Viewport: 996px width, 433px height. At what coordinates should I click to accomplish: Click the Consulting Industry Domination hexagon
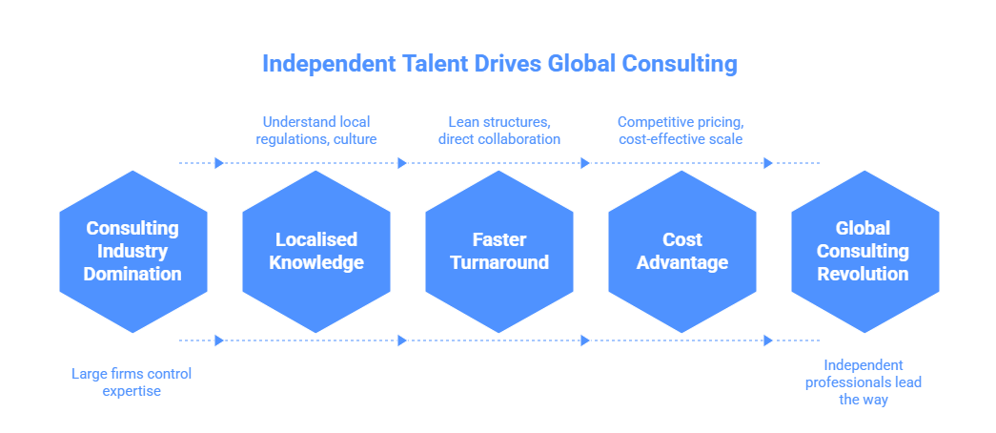pyautogui.click(x=132, y=252)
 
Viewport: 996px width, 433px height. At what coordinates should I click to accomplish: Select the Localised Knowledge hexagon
pyautogui.click(x=315, y=252)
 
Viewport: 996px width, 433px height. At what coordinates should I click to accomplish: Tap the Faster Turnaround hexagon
pyautogui.click(x=498, y=252)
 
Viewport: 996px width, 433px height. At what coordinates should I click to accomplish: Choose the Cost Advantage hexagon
pyautogui.click(x=681, y=252)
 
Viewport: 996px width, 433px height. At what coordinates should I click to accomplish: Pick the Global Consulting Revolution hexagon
pyautogui.click(x=864, y=252)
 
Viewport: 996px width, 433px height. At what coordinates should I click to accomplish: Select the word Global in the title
pyautogui.click(x=580, y=64)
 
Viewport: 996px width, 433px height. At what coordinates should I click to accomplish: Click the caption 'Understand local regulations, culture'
pyautogui.click(x=315, y=130)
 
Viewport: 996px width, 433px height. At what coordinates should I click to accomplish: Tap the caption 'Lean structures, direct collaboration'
pyautogui.click(x=498, y=130)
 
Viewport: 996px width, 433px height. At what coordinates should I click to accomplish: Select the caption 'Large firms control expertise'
pyautogui.click(x=132, y=381)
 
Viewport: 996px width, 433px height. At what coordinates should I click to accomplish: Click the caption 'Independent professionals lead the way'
pyautogui.click(x=864, y=381)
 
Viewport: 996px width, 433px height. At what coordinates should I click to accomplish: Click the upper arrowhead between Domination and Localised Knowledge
pyautogui.click(x=219, y=163)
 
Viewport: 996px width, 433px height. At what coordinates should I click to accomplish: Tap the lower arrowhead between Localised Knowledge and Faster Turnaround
pyautogui.click(x=402, y=340)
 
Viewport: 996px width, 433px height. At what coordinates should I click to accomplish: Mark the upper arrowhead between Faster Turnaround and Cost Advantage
pyautogui.click(x=585, y=163)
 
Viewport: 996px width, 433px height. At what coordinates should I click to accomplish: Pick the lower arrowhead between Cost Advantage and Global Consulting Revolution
pyautogui.click(x=768, y=340)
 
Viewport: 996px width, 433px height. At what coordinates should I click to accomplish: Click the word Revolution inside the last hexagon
pyautogui.click(x=864, y=274)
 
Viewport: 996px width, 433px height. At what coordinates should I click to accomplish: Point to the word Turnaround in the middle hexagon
pyautogui.click(x=498, y=262)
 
